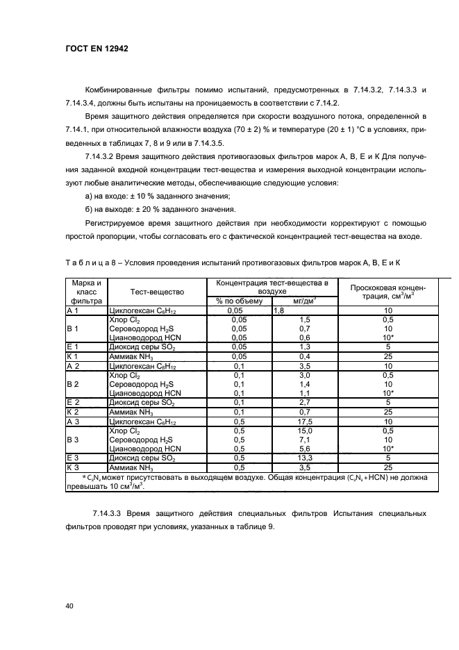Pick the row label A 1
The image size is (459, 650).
coord(74,311)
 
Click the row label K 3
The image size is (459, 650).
coord(74,467)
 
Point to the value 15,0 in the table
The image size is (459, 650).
coord(303,431)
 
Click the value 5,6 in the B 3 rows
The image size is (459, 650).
coord(303,449)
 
